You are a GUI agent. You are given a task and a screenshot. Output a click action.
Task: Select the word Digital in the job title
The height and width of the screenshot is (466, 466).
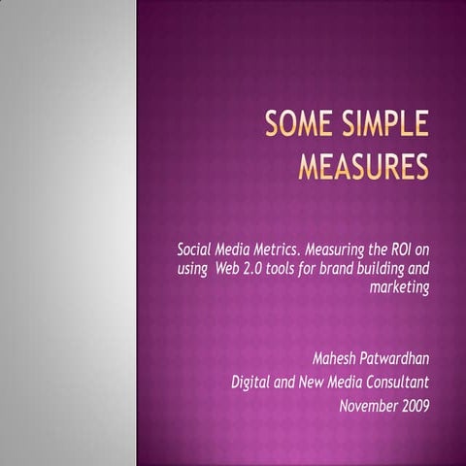coord(250,381)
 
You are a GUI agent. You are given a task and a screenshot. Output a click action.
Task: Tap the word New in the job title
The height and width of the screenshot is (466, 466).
coord(313,381)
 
